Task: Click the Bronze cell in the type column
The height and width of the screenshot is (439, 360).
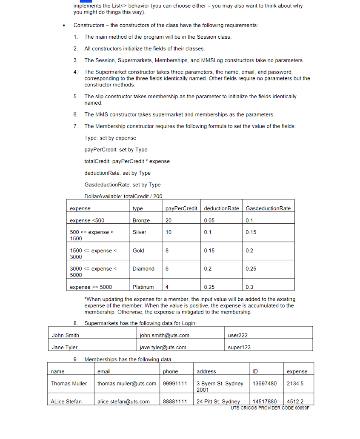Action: pos(141,220)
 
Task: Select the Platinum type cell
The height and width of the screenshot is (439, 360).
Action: pos(143,287)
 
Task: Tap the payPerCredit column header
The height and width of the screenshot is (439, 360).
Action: pos(181,208)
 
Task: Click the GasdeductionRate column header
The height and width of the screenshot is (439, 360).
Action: pos(268,208)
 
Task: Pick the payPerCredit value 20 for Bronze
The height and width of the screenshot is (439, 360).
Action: pos(169,220)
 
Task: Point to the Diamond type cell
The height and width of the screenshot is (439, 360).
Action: pos(143,269)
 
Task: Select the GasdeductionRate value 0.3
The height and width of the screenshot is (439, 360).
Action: pos(249,287)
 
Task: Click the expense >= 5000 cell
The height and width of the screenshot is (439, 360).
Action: pos(91,287)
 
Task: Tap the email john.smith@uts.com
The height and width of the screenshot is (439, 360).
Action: pos(165,335)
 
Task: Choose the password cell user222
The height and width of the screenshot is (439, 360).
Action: pos(238,335)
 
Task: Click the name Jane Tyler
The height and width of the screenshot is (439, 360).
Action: pos(65,347)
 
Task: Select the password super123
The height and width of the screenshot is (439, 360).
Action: pos(239,347)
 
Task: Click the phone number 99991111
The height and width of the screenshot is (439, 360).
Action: pos(175,383)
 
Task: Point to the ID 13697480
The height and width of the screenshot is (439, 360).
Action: pos(264,383)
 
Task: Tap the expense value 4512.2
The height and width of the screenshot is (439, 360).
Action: pos(295,401)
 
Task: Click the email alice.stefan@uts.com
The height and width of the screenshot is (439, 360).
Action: pos(123,401)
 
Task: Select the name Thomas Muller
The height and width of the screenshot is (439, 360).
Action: pos(69,383)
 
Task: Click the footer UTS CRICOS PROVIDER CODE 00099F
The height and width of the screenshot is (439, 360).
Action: pos(270,408)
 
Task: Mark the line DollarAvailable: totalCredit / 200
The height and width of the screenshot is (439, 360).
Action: pos(123,196)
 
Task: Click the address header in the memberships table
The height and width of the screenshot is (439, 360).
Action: pos(206,371)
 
